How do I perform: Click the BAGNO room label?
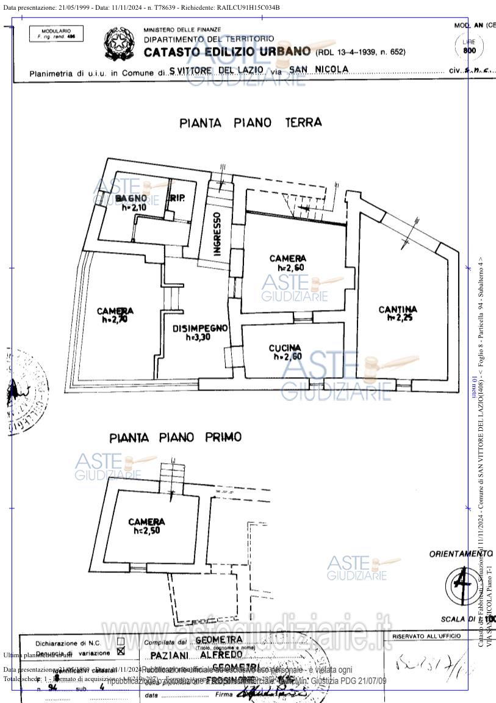pyautogui.click(x=131, y=198)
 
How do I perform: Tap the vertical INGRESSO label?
pyautogui.click(x=217, y=234)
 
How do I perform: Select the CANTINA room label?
pyautogui.click(x=398, y=309)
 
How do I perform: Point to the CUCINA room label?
pyautogui.click(x=285, y=348)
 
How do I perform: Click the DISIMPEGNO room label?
pyautogui.click(x=199, y=328)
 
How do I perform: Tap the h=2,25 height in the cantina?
pyautogui.click(x=398, y=318)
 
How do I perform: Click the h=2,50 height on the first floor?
pyautogui.click(x=146, y=531)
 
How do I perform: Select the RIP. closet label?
pyautogui.click(x=178, y=198)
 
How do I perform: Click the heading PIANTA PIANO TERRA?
pyautogui.click(x=250, y=123)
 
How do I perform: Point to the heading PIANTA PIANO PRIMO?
pyautogui.click(x=175, y=438)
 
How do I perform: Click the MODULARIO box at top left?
pyautogui.click(x=56, y=34)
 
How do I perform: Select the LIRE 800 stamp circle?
pyautogui.click(x=469, y=46)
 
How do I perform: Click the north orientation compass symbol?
pyautogui.click(x=462, y=584)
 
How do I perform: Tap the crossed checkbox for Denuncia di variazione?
pyautogui.click(x=120, y=651)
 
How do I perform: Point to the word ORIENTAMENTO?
pyautogui.click(x=461, y=553)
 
